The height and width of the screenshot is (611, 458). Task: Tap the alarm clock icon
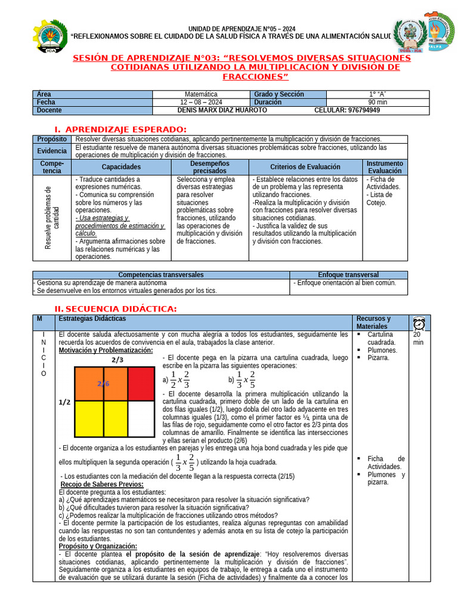point(419,323)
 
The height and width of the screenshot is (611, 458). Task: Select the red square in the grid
point(141,383)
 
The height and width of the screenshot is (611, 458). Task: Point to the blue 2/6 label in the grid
point(104,384)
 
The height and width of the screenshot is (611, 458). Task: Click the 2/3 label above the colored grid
point(117,360)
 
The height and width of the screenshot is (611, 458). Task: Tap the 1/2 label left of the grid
point(64,403)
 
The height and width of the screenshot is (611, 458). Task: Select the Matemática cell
point(201,94)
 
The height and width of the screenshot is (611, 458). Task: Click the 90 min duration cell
point(377,102)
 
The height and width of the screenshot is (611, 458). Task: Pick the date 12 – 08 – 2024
point(201,102)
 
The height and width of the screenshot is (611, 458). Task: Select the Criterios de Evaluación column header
point(305,167)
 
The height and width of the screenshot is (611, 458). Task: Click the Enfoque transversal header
point(348,274)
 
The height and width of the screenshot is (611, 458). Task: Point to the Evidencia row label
point(52,150)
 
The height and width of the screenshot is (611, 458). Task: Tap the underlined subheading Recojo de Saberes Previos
point(102,484)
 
